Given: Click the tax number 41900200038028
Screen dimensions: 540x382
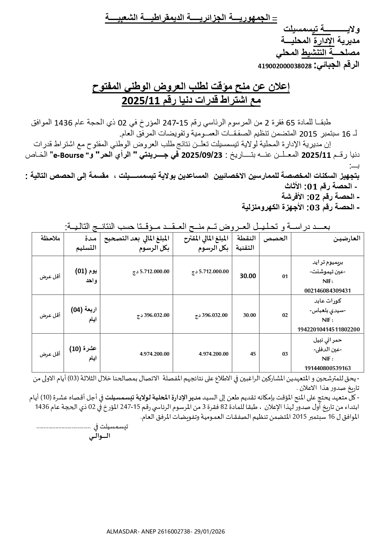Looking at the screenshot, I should [285, 66].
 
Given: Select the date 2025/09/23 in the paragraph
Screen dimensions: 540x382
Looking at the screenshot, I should [202, 155].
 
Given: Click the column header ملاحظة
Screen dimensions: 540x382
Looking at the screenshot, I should [50, 238].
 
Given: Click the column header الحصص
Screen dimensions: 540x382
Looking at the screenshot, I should [275, 238].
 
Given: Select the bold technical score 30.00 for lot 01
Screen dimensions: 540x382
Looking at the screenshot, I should [248, 276].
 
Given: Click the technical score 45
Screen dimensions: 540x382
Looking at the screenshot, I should [253, 354].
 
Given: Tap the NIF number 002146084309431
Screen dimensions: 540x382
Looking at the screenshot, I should [328, 290].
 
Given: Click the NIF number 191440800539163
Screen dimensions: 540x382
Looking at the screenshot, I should [328, 368].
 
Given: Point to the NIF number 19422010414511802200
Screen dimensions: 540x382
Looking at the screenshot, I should [328, 329].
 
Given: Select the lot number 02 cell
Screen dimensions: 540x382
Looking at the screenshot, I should [285, 315].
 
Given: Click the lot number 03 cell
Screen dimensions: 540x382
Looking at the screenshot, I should [285, 354].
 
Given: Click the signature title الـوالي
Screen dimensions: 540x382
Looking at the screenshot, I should [99, 436].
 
